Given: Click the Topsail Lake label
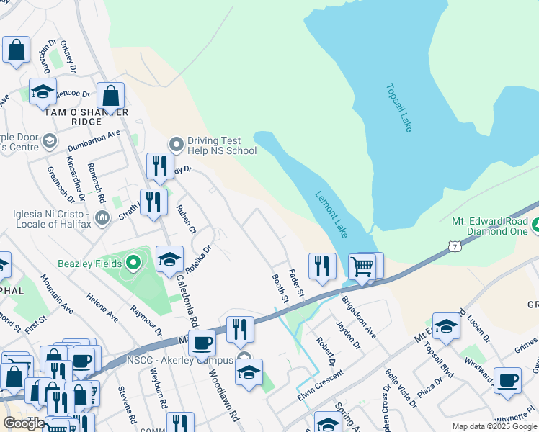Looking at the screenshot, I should (x=398, y=107).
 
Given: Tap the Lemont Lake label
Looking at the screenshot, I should (x=331, y=215).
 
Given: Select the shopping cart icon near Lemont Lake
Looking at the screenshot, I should (x=362, y=267).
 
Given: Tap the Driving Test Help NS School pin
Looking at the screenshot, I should (x=177, y=144).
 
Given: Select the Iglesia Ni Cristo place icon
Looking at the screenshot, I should (x=102, y=217).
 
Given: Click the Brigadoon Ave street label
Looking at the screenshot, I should (x=359, y=316).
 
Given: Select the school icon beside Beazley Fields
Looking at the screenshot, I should (x=169, y=260).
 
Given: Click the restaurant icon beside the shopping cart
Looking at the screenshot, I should (x=322, y=266).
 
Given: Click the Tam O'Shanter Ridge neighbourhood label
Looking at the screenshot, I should (x=86, y=117).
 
